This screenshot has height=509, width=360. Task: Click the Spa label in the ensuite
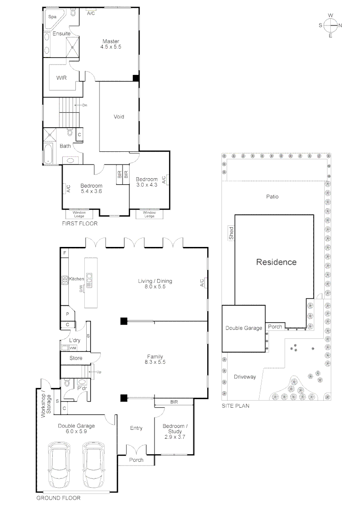point(52,16)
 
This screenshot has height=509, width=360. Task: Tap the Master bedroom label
point(111,41)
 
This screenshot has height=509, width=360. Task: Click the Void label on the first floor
point(119,116)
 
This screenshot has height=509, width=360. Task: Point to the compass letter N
point(340,25)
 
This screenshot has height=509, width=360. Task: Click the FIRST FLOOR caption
point(80,223)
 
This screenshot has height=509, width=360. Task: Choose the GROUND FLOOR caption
point(58,498)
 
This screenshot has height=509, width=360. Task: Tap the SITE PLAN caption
point(236,405)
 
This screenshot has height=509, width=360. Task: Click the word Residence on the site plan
point(276,262)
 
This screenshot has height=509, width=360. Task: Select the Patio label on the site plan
point(272,197)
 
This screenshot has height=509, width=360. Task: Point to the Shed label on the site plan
point(231,233)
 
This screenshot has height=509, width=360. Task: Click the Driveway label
point(245,377)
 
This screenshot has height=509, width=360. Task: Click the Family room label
point(155,356)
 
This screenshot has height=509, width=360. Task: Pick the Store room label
point(76,358)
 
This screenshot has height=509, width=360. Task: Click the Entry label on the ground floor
point(136,428)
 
